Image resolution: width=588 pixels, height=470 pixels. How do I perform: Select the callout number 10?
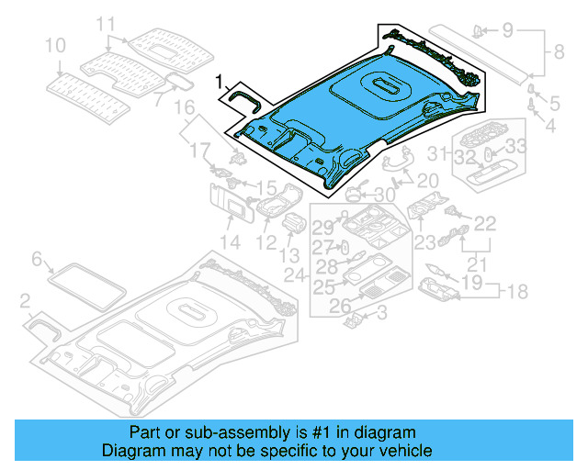pyautogui.click(x=54, y=44)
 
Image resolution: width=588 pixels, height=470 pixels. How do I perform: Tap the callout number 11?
pyautogui.click(x=107, y=24)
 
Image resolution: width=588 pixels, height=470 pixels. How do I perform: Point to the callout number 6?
pyautogui.click(x=37, y=260)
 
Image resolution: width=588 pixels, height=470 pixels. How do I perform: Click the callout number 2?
pyautogui.click(x=26, y=299)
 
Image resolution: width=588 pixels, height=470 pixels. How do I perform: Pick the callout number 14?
pyautogui.click(x=230, y=242)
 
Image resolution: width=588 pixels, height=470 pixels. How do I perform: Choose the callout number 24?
pyautogui.click(x=294, y=274)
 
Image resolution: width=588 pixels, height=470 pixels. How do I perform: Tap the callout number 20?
pyautogui.click(x=428, y=180)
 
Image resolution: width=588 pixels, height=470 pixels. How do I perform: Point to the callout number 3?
pyautogui.click(x=382, y=313)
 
